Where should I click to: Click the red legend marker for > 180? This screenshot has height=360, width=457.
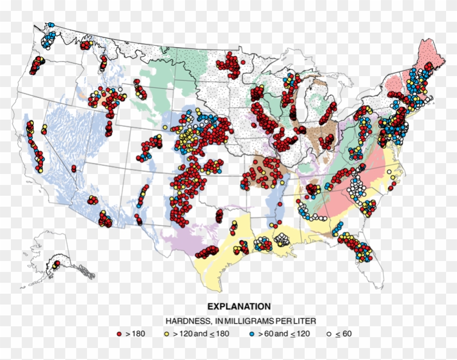pos(119,333)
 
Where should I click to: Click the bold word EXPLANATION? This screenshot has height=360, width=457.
pos(239,307)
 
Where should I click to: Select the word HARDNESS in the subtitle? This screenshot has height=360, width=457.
pos(183,320)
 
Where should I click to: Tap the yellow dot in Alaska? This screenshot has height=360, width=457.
pos(57,263)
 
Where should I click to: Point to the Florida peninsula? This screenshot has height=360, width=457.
pos(369,266)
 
